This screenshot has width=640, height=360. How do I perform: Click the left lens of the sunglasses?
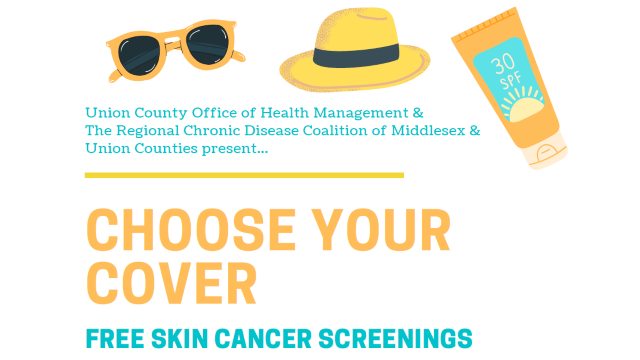139,56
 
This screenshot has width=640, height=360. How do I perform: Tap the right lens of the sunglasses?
207,44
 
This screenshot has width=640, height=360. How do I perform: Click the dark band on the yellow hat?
356,56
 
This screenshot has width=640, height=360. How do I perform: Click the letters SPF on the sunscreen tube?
511,80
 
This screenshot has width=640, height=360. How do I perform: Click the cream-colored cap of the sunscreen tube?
545,151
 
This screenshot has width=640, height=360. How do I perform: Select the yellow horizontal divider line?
244,175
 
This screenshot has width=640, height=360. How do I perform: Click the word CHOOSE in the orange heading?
191,230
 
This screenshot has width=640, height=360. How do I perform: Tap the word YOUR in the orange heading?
381,230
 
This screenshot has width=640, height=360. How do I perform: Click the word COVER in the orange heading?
171,283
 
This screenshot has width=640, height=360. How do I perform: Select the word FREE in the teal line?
115,339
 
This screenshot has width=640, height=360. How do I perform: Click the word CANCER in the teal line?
263,339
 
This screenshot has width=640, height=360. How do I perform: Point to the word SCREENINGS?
395,339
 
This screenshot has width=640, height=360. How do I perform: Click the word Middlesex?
428,131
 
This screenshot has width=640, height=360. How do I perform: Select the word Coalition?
335,131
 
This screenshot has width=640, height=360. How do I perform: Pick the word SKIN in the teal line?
179,339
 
